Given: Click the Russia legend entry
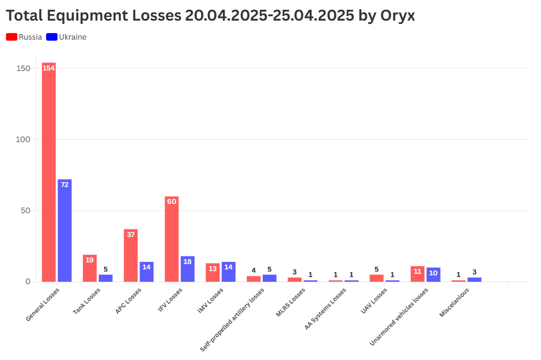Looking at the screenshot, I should (24, 37).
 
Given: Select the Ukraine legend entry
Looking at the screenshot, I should (66, 37).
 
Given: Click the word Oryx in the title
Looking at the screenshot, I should (397, 16).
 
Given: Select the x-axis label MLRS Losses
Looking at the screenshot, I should (291, 301).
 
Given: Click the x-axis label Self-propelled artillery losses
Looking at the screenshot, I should (232, 319).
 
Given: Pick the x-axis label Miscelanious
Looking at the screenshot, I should (454, 303).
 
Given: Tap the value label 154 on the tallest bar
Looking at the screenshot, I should (49, 68).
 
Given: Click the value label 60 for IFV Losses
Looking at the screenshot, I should (171, 202).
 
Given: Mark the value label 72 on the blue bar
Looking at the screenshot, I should (65, 185).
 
